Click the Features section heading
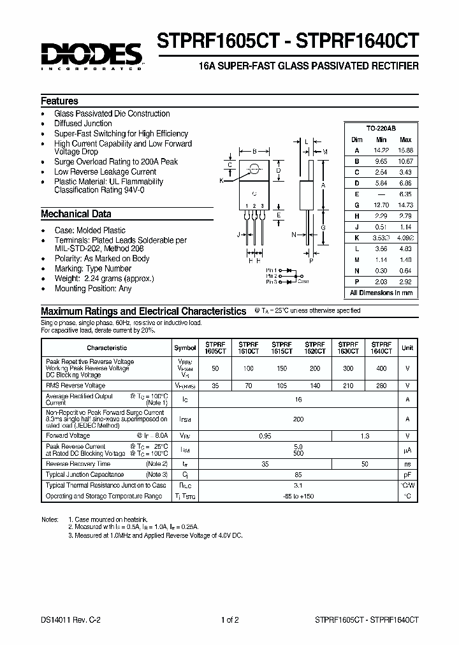coord(59,101)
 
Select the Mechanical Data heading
coord(76,214)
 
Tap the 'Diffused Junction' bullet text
coord(83,124)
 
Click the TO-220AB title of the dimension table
coord(381,128)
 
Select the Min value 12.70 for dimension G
coord(381,205)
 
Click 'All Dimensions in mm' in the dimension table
coord(381,293)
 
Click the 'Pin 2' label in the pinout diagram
coord(272,275)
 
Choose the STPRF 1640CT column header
coord(381,347)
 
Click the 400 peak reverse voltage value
coord(381,369)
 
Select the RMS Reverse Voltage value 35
coord(215,386)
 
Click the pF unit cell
coord(407,475)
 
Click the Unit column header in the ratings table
coord(407,348)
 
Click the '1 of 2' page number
coord(229,620)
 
